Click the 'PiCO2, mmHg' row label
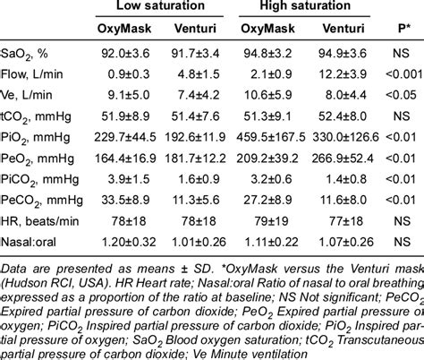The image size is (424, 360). pos(40,180)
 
